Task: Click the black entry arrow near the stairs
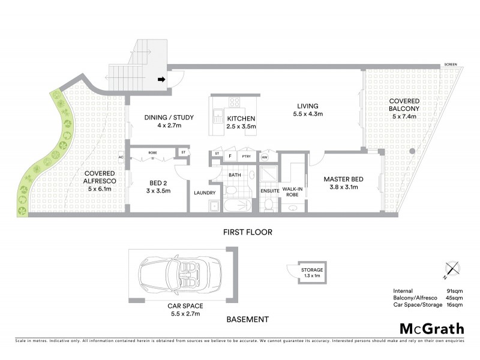tap(161, 79)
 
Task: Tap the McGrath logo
tap(432, 328)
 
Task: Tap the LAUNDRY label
tap(205, 193)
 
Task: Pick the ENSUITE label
tap(270, 191)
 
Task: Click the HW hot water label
tap(265, 157)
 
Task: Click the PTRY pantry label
tap(246, 157)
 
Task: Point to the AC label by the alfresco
tap(121, 158)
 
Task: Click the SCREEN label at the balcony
tap(451, 64)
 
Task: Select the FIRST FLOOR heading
tap(248, 232)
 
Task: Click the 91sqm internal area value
tap(455, 290)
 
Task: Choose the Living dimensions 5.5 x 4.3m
tap(308, 113)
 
